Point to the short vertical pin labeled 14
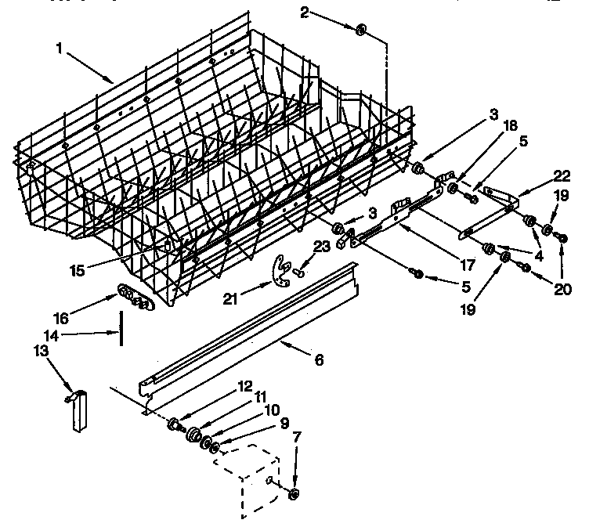coord(121,327)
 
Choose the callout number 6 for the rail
coord(319,360)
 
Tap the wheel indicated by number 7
coord(294,493)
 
